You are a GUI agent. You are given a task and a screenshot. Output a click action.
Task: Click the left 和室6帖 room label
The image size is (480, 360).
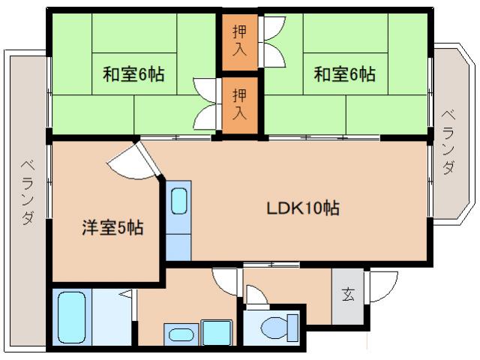[x=133, y=75]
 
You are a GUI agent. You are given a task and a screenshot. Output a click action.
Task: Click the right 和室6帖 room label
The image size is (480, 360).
[x=344, y=75]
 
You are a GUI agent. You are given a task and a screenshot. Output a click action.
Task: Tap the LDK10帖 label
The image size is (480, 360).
[x=303, y=208]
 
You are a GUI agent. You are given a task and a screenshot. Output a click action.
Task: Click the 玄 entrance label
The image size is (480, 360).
[x=349, y=294]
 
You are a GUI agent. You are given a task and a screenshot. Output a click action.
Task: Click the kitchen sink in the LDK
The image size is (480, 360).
[x=179, y=201]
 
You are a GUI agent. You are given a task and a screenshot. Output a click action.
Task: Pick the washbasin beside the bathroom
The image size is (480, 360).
[x=178, y=333]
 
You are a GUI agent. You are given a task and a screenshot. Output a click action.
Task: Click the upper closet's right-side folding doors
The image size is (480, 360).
[x=272, y=41]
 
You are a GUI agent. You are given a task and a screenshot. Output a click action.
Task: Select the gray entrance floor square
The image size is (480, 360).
[x=349, y=296]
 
